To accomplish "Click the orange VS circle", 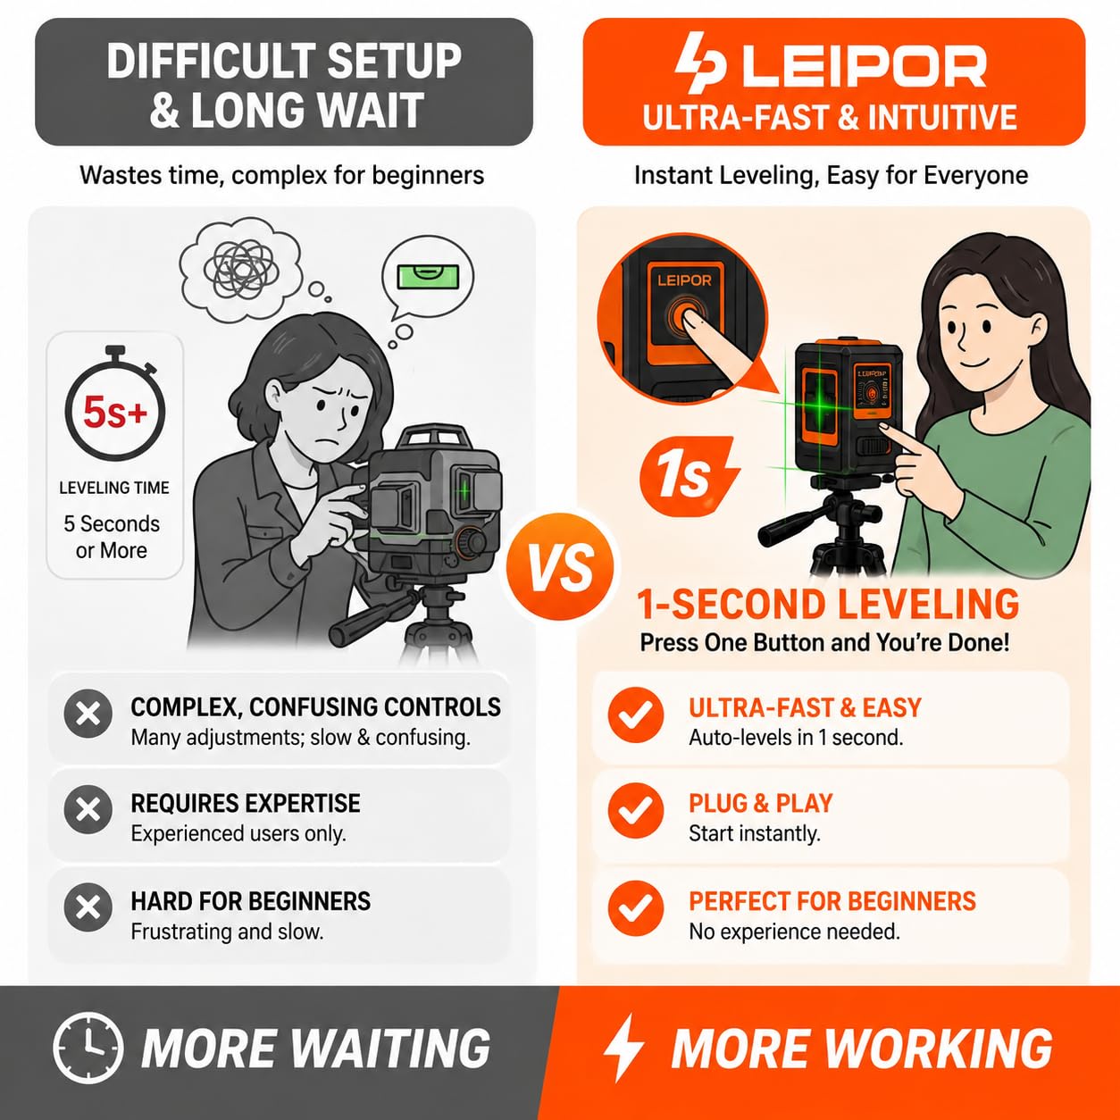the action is click(x=559, y=566).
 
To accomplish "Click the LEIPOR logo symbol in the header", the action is click(x=700, y=63).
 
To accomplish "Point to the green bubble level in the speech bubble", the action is click(x=427, y=276).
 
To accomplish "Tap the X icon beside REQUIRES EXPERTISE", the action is click(x=88, y=809).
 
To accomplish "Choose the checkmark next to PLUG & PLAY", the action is click(x=635, y=810).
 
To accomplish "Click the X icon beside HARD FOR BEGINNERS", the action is click(x=88, y=907).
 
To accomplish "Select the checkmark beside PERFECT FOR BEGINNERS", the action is click(x=635, y=907).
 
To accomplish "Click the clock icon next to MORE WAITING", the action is click(x=88, y=1048).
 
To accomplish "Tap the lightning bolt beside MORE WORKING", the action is click(x=623, y=1048).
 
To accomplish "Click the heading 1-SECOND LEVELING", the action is click(x=829, y=605).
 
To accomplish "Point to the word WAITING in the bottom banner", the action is click(x=382, y=1049).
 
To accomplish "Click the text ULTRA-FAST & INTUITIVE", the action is click(x=830, y=117).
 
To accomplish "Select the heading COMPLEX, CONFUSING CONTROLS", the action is click(x=315, y=707).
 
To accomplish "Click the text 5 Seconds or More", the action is click(x=112, y=537).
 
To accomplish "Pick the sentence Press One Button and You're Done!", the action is click(x=824, y=643).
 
